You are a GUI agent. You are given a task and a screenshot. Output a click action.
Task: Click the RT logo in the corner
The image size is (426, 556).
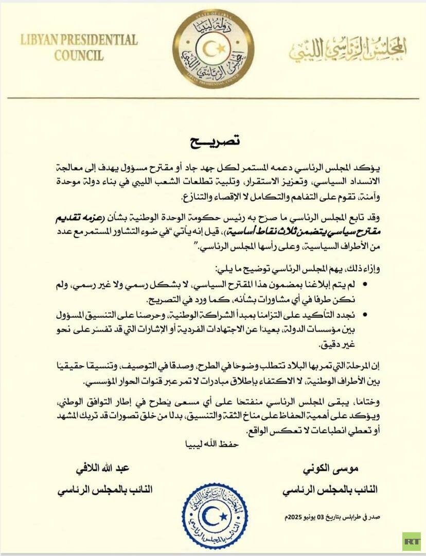(411, 541)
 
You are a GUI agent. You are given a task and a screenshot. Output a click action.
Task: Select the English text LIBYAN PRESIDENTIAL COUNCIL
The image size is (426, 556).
(79, 47)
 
